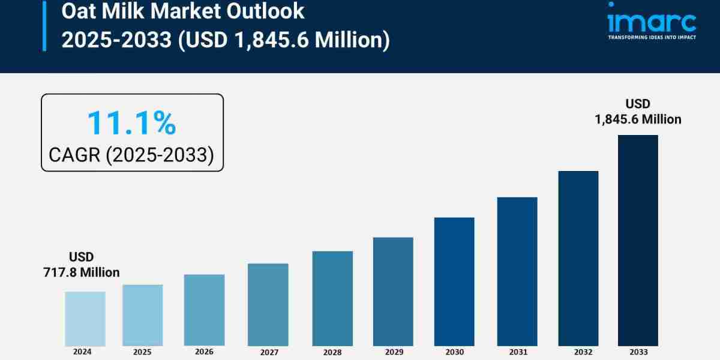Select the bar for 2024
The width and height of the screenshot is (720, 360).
pyautogui.click(x=85, y=319)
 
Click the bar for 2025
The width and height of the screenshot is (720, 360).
pyautogui.click(x=143, y=315)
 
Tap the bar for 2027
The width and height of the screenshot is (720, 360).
pyautogui.click(x=268, y=304)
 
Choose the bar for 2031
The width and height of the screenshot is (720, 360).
pyautogui.click(x=517, y=271)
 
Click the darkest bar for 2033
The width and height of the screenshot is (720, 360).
pyautogui.click(x=638, y=240)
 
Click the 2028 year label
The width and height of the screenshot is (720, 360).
pyautogui.click(x=332, y=352)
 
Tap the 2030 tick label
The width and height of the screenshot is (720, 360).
pyautogui.click(x=454, y=352)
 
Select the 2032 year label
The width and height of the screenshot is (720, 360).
pyautogui.click(x=578, y=352)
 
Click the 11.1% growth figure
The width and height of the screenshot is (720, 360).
pyautogui.click(x=131, y=122)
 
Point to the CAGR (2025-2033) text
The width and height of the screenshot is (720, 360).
pyautogui.click(x=131, y=155)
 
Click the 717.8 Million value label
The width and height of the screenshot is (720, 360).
pyautogui.click(x=81, y=272)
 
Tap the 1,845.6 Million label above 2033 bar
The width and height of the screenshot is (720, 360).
pyautogui.click(x=638, y=119)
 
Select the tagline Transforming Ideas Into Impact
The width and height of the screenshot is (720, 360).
pyautogui.click(x=652, y=37)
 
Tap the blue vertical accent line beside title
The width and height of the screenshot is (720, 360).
pyautogui.click(x=44, y=25)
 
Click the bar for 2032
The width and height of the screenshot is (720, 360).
pyautogui.click(x=578, y=258)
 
